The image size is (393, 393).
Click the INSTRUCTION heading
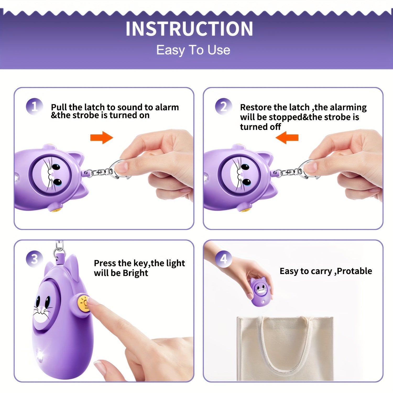point(189,29)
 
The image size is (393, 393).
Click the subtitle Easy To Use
point(193,50)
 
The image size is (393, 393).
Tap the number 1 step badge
point(34,107)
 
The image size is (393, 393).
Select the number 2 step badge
point(223,107)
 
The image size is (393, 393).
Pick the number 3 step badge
point(34,259)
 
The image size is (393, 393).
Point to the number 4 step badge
point(223,259)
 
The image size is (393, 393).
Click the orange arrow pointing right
point(102,138)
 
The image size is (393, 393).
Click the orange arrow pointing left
point(287,138)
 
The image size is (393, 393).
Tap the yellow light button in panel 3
point(84,303)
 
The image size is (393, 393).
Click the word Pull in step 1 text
point(59,107)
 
